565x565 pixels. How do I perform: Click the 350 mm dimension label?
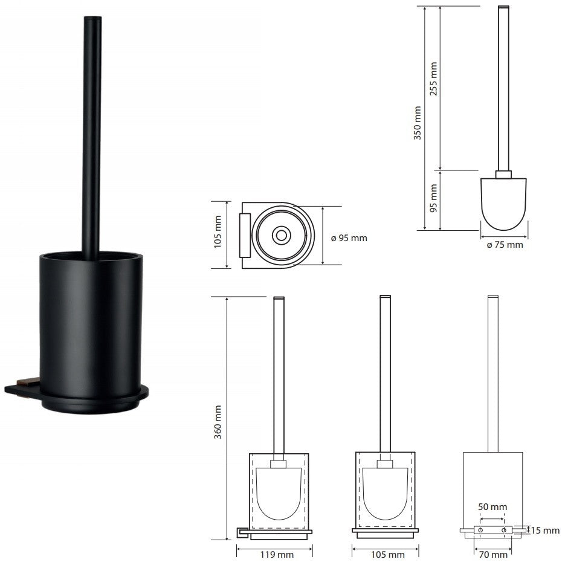[418, 123]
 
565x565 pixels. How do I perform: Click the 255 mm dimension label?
[433, 79]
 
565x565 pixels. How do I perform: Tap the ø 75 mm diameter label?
[505, 245]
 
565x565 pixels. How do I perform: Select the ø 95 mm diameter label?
[349, 238]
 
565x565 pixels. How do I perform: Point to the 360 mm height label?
[218, 422]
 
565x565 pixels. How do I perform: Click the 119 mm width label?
[277, 555]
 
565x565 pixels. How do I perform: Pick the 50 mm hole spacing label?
[492, 507]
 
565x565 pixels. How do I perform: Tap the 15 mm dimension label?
[545, 531]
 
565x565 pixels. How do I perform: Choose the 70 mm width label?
[493, 555]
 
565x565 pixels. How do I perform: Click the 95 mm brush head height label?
[433, 198]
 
